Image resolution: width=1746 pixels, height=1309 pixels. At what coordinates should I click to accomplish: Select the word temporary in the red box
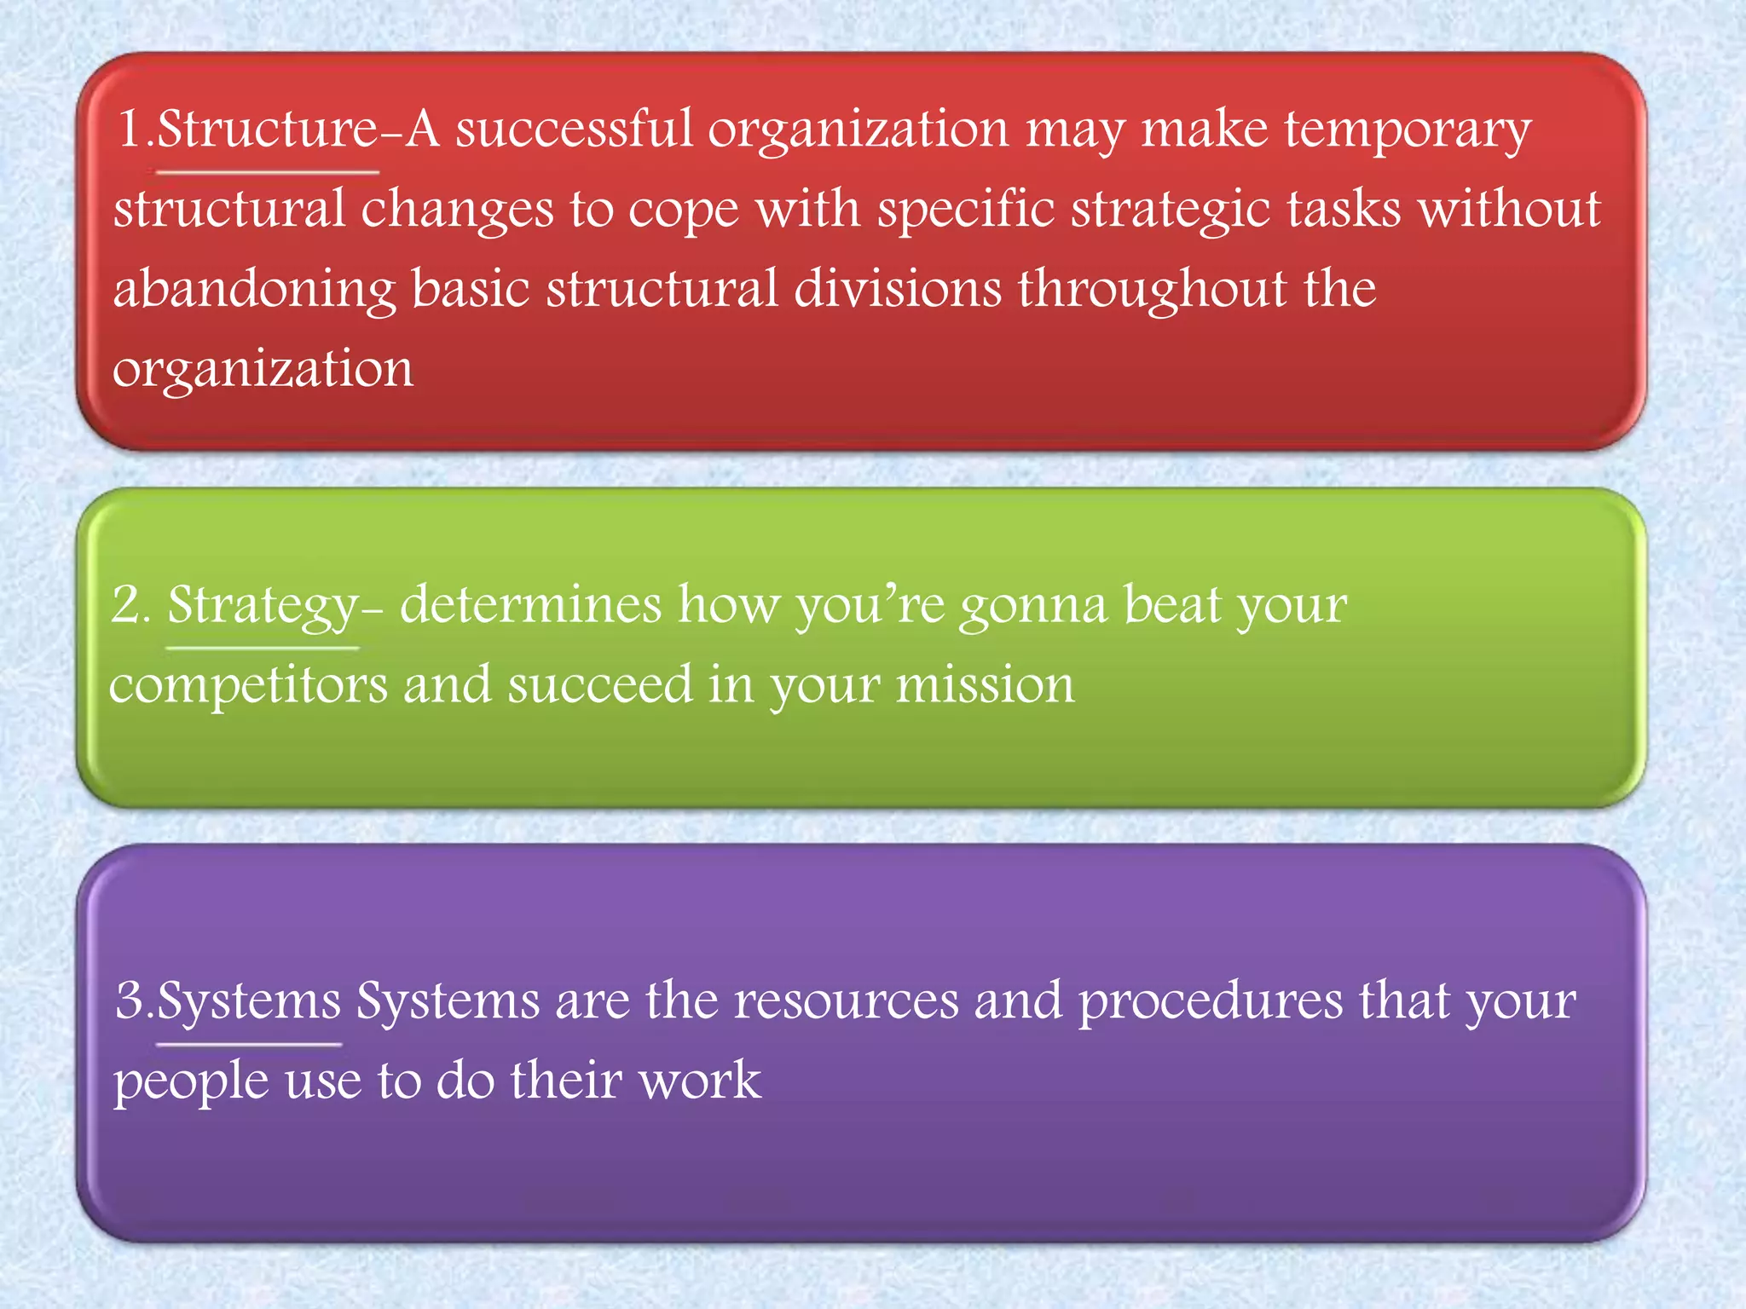click(1408, 132)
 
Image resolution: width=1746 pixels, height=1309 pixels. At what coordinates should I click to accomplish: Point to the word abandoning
click(255, 290)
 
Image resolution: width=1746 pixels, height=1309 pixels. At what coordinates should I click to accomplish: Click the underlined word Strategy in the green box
click(263, 607)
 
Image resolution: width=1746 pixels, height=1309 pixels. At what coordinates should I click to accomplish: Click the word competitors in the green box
click(248, 686)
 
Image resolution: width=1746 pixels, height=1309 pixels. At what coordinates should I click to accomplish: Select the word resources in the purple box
click(846, 1000)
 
